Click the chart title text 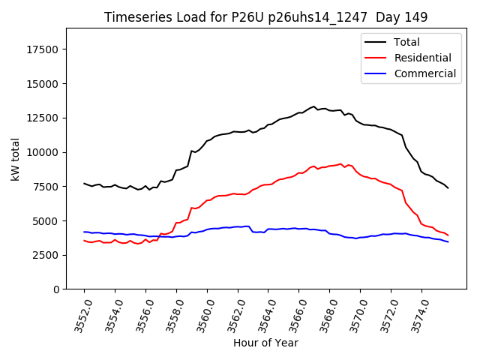265,17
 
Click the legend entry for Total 406,42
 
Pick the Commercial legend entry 424,73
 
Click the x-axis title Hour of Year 265,343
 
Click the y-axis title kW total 15,159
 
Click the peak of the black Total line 314,106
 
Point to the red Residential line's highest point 341,163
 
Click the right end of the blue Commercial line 448,241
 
